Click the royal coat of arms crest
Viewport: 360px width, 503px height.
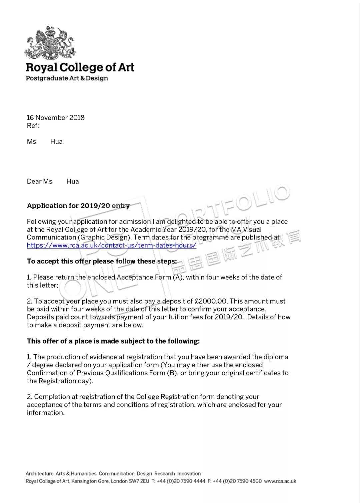(x=50, y=43)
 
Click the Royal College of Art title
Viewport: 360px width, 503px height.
(x=80, y=67)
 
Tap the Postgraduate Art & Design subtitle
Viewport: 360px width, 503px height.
(x=67, y=78)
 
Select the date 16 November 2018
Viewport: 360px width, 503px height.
(x=56, y=118)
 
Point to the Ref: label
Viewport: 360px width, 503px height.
(x=33, y=126)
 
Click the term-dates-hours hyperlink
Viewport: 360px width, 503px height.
(x=111, y=245)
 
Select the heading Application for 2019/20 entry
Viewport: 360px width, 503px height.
(x=78, y=206)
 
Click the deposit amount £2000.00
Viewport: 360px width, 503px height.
(x=211, y=301)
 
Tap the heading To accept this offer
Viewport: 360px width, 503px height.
(x=102, y=262)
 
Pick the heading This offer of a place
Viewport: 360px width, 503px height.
(x=113, y=341)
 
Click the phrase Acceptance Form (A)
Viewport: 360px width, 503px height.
(x=150, y=278)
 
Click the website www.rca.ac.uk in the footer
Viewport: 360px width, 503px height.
(x=280, y=481)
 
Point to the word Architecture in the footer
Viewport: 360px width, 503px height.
(x=39, y=474)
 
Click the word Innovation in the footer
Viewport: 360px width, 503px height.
(x=189, y=474)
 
